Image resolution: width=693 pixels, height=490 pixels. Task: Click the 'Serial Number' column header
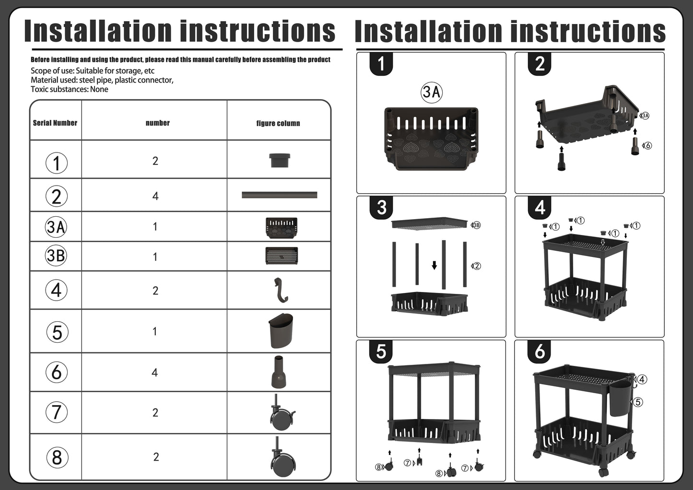click(55, 123)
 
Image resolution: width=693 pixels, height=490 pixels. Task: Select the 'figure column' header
click(278, 123)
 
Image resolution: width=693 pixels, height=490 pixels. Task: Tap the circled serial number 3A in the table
click(56, 227)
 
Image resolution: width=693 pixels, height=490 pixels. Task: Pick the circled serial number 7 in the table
click(56, 412)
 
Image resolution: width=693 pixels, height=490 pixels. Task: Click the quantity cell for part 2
click(155, 196)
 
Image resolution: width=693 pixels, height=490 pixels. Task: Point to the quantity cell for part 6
click(155, 372)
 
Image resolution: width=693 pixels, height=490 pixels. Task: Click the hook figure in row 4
click(280, 290)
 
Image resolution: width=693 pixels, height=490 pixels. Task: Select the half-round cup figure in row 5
click(281, 331)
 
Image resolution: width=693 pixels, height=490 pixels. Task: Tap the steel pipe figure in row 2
click(280, 195)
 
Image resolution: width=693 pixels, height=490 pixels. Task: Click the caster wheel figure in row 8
click(282, 457)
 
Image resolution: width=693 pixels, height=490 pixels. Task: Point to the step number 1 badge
click(381, 64)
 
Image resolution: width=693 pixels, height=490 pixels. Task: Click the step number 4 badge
click(540, 208)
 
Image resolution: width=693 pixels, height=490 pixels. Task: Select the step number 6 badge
click(540, 351)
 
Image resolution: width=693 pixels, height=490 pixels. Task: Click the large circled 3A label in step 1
click(432, 92)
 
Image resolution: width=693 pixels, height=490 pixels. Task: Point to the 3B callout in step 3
click(476, 225)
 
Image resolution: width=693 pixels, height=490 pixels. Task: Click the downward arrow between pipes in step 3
click(435, 265)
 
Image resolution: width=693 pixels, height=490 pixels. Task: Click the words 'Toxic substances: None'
click(69, 89)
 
